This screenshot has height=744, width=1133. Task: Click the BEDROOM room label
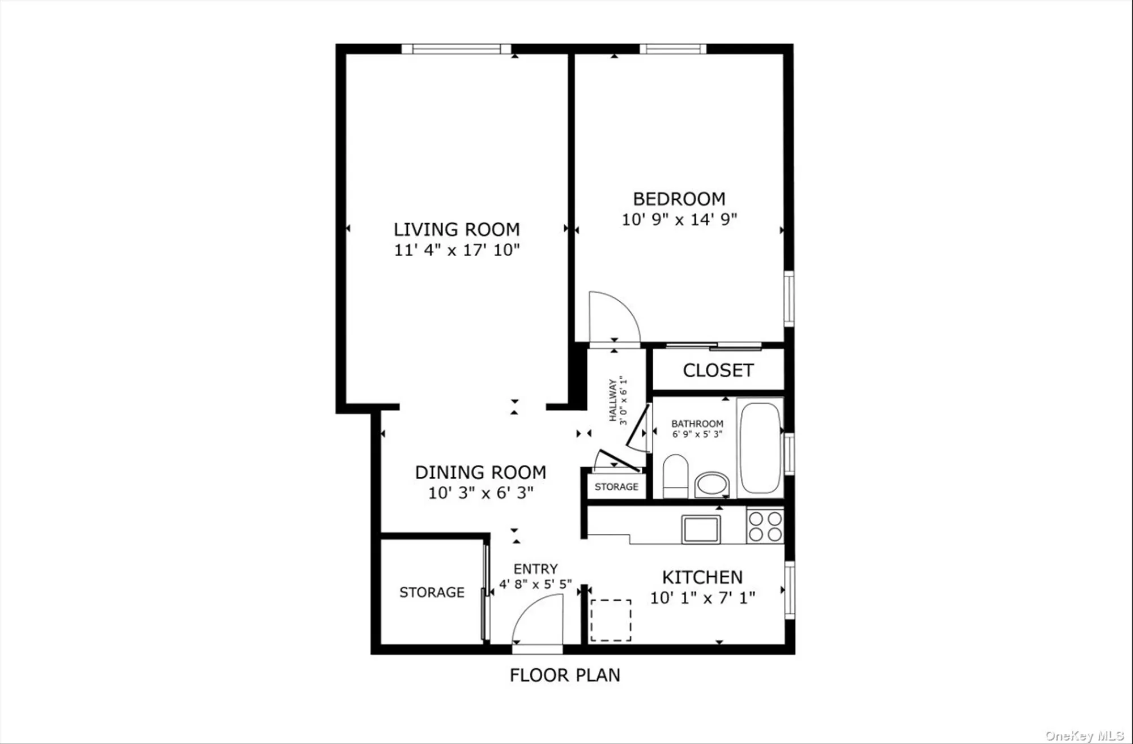point(679,199)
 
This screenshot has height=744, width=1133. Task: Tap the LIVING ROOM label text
point(457,230)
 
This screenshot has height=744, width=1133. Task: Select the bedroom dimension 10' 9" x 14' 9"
point(679,220)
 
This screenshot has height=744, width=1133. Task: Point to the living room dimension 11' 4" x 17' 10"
point(457,250)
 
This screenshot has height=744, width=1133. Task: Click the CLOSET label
point(718,370)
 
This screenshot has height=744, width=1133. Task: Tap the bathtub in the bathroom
point(760,447)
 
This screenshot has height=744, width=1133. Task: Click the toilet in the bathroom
point(675,476)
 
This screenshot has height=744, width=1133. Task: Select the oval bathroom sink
point(712,484)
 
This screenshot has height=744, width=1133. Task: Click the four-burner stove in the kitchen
point(765,526)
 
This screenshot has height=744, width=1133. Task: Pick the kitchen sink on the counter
point(701,529)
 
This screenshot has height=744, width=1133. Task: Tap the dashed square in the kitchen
point(611,621)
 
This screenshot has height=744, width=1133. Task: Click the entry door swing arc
point(537,621)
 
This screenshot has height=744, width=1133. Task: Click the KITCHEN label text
point(702,578)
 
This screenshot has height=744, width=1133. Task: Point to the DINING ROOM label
point(480,473)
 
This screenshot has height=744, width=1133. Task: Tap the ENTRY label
point(535,569)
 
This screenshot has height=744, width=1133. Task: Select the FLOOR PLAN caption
point(565,675)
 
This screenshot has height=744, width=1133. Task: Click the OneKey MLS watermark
point(1084,736)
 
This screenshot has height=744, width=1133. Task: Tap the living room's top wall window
point(457,49)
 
